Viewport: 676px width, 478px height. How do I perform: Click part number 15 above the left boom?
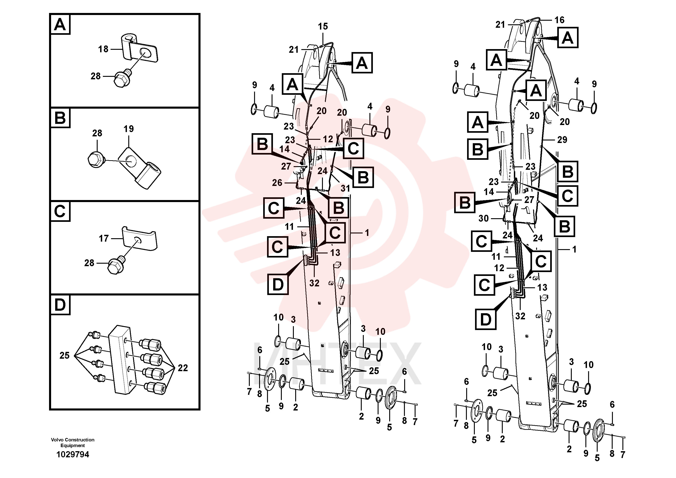point(323,27)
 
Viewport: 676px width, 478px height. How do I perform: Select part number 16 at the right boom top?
point(560,20)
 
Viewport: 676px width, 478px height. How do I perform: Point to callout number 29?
point(562,140)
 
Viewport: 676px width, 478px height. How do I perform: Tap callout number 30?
point(483,218)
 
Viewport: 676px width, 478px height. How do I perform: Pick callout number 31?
point(345,188)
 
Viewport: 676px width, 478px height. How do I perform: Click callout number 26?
point(277,183)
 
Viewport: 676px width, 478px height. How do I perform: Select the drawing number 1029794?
point(73,454)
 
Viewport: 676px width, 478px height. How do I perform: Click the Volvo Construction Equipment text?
point(73,442)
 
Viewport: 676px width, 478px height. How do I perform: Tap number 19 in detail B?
point(129,129)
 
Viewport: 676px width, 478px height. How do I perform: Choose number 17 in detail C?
point(104,238)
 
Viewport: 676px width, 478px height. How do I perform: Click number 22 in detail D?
point(183,368)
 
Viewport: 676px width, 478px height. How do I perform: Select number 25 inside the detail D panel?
point(64,355)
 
